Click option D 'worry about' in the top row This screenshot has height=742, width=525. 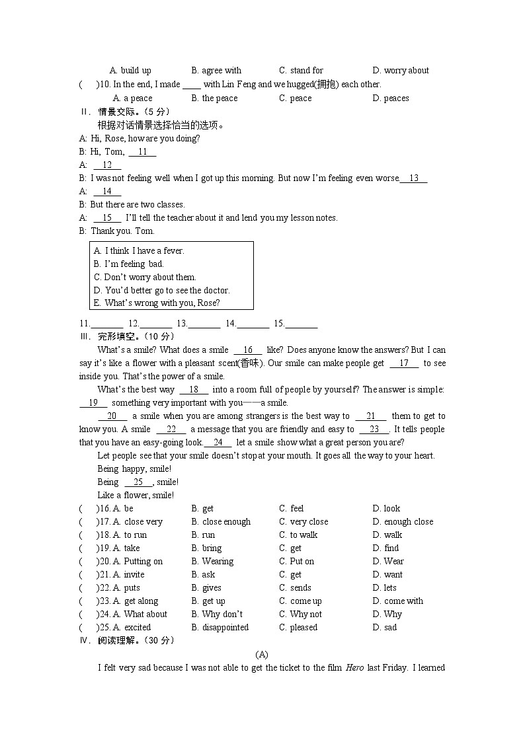pyautogui.click(x=401, y=71)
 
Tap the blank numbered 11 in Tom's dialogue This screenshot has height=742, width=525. pyautogui.click(x=142, y=152)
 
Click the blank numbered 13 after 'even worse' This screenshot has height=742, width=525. pyautogui.click(x=414, y=178)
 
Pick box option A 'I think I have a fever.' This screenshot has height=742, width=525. pyautogui.click(x=139, y=251)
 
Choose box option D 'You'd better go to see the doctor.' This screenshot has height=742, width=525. pyautogui.click(x=161, y=291)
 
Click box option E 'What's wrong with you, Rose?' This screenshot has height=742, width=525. pyautogui.click(x=157, y=303)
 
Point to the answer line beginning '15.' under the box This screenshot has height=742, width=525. pyautogui.click(x=296, y=324)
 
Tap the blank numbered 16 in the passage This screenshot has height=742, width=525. pyautogui.click(x=248, y=350)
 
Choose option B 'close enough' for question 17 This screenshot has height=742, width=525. pyautogui.click(x=221, y=522)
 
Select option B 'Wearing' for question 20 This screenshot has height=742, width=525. pyautogui.click(x=212, y=562)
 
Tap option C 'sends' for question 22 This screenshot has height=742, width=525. pyautogui.click(x=295, y=588)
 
